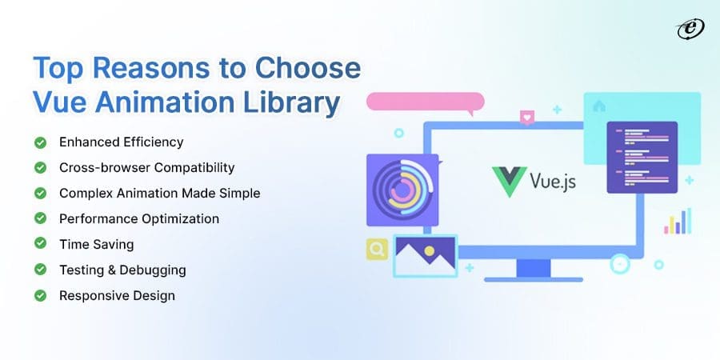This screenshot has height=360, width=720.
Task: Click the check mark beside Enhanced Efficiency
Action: click(x=39, y=142)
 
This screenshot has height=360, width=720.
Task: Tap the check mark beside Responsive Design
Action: click(x=39, y=296)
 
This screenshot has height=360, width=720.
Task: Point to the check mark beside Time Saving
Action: click(x=39, y=245)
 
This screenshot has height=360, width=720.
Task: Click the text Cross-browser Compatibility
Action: click(x=146, y=168)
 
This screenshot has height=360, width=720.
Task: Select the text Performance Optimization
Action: click(x=138, y=219)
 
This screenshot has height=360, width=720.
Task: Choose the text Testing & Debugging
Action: click(x=122, y=270)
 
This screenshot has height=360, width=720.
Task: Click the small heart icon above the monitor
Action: click(x=526, y=118)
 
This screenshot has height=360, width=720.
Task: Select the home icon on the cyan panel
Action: click(x=598, y=106)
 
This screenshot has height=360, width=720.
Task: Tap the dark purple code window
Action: click(x=642, y=157)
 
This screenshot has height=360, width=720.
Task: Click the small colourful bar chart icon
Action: click(x=677, y=222)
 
